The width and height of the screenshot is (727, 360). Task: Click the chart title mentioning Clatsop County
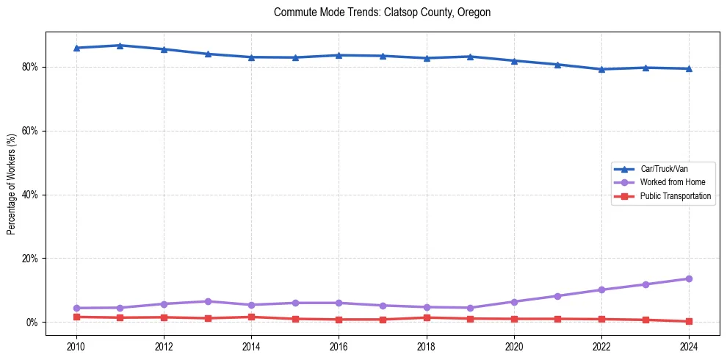pos(382,12)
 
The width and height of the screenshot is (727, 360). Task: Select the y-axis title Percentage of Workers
pos(12,184)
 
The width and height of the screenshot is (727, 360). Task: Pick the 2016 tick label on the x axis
pos(339,345)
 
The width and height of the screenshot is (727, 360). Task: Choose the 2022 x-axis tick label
pos(601,345)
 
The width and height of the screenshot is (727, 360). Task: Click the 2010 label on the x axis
pos(76,345)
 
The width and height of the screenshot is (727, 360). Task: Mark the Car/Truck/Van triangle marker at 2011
pos(120,46)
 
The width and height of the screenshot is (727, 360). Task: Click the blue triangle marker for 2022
pos(601,69)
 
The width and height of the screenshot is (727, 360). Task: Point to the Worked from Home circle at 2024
pos(689,278)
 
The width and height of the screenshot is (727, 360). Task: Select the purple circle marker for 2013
pos(208,301)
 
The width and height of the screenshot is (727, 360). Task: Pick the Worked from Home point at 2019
pos(470,308)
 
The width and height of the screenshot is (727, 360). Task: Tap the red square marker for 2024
pos(689,321)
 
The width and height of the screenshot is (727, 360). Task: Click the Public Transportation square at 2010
pos(76,317)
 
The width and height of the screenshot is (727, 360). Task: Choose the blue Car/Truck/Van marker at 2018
pos(427,58)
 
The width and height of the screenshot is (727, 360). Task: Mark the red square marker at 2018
pos(427,317)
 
